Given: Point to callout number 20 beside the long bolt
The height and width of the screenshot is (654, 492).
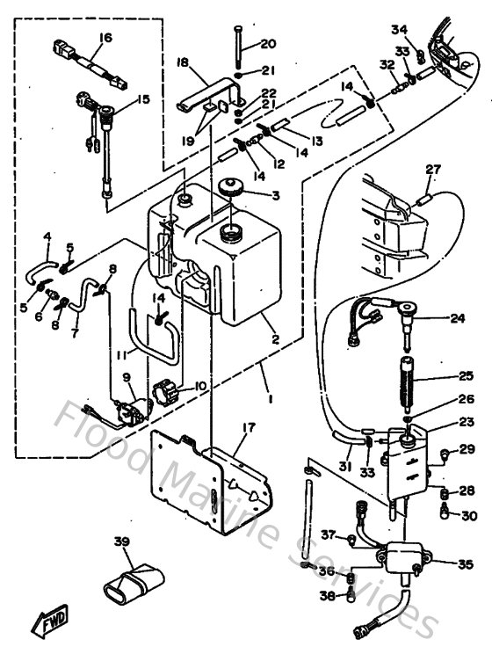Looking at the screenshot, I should (x=267, y=44).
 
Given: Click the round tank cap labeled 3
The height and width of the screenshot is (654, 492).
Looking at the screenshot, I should (x=233, y=188).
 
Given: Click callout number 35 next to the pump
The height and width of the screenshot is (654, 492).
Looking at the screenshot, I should (x=464, y=563).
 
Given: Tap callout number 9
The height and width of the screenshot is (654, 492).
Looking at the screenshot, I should (x=127, y=377).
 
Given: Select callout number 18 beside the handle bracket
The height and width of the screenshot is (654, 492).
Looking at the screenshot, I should (x=183, y=62).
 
